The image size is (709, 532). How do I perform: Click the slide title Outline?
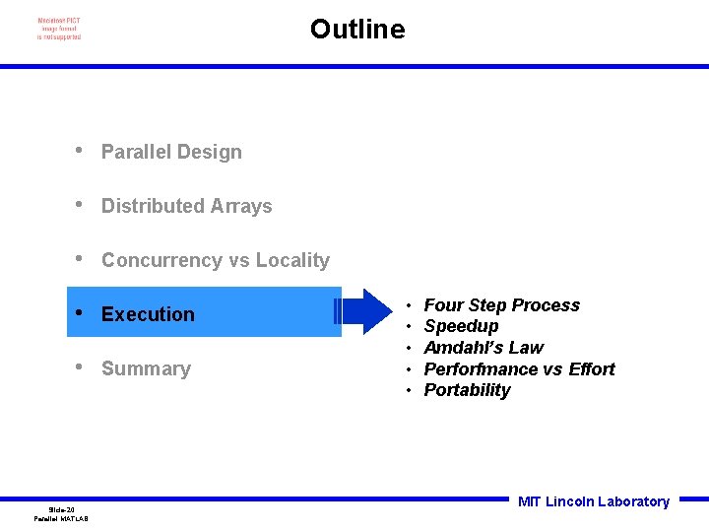(356, 30)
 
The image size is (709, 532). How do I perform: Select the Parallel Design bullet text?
(171, 152)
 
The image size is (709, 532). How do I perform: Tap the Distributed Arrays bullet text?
(186, 206)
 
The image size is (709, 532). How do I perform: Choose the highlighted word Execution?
(148, 314)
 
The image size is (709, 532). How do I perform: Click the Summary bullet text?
(146, 368)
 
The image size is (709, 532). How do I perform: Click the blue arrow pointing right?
(364, 311)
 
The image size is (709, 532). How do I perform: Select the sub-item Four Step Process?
(501, 305)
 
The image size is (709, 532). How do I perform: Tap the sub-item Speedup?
(461, 326)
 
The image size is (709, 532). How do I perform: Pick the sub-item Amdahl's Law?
(483, 348)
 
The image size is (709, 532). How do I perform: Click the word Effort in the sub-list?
(591, 369)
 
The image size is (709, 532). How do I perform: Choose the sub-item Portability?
(467, 390)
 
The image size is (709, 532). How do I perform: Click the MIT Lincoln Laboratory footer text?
(593, 501)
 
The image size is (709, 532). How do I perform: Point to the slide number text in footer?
(61, 509)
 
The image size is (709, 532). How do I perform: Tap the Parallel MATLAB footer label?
(61, 518)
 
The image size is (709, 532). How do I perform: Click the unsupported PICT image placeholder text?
(59, 30)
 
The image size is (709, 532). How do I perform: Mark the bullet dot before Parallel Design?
(78, 151)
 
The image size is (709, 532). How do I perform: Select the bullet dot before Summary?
(78, 367)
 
